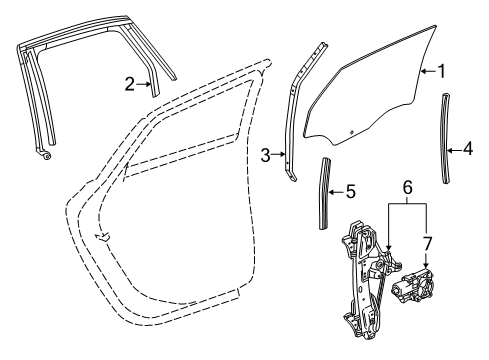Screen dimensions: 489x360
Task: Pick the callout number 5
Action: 350,189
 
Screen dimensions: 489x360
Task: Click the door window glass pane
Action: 370,95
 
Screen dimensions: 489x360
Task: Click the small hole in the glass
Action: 352,131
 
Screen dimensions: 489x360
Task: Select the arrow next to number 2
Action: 146,84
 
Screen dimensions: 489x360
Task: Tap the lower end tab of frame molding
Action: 44,156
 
